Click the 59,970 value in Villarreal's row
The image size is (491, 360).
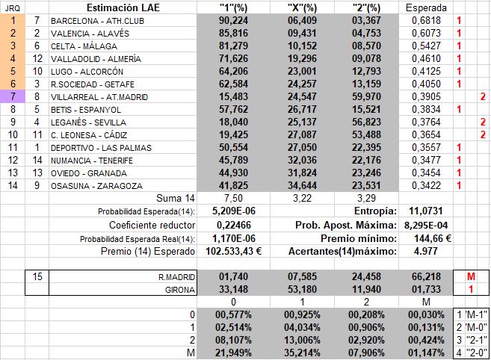364,97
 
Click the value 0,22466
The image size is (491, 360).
223,225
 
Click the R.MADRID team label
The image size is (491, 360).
185,277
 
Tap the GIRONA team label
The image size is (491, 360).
188,290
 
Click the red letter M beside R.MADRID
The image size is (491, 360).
471,277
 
